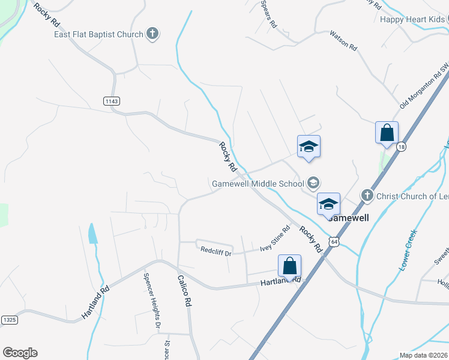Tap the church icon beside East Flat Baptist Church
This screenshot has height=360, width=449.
pos(152,34)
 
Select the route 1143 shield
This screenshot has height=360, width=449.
pos(111,101)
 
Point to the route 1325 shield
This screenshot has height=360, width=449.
pos(9,320)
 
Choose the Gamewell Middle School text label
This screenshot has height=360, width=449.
pos(258,183)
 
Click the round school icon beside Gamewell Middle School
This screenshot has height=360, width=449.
pos(313,182)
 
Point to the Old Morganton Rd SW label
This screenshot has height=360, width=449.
pos(425,88)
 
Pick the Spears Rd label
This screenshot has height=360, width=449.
pos(268,14)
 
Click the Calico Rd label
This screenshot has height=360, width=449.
pos(184,291)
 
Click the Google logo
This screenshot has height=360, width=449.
pos(20,353)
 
